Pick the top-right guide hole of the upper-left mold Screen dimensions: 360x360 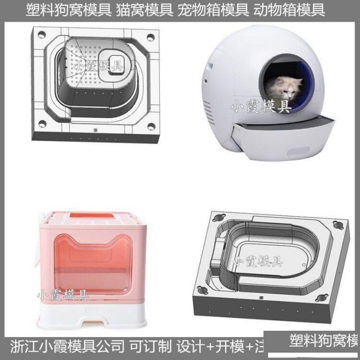pyautogui.click(x=151, y=38)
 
